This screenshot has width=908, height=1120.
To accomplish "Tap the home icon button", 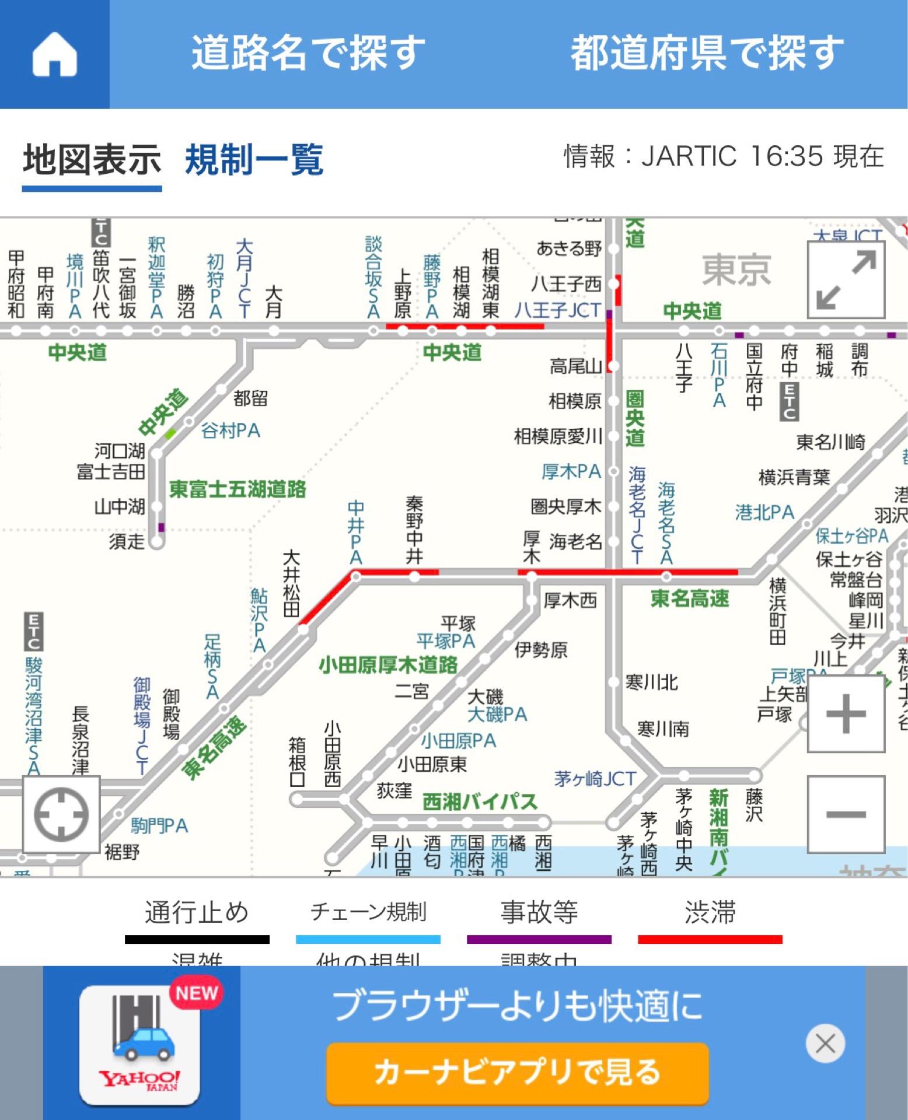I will [54, 54].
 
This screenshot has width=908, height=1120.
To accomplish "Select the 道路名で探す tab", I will [308, 52].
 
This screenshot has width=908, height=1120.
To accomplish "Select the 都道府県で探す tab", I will [707, 52].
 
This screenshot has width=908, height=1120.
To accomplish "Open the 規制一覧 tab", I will [254, 160].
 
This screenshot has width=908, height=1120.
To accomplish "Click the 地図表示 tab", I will [92, 160].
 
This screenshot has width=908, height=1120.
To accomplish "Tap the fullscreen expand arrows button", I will [846, 279].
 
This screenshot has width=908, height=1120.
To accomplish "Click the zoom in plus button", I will [846, 713].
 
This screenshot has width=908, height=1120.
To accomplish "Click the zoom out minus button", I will [846, 813].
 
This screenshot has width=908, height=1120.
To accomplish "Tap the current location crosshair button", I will [61, 814].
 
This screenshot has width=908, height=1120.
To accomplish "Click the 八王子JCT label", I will [557, 310].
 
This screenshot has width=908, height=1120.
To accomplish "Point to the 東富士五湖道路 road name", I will [238, 489].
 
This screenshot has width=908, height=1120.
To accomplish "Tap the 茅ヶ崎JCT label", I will [595, 779].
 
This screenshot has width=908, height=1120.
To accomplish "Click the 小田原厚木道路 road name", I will [388, 665].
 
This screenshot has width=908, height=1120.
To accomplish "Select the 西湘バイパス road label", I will [479, 801].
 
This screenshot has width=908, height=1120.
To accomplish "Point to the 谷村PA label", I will [231, 430].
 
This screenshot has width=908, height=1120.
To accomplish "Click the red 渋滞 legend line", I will [710, 939].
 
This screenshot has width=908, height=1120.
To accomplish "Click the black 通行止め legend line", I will [197, 939].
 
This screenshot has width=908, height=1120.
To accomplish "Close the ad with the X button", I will [825, 1043].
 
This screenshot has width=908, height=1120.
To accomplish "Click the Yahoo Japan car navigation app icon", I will [139, 1044].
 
